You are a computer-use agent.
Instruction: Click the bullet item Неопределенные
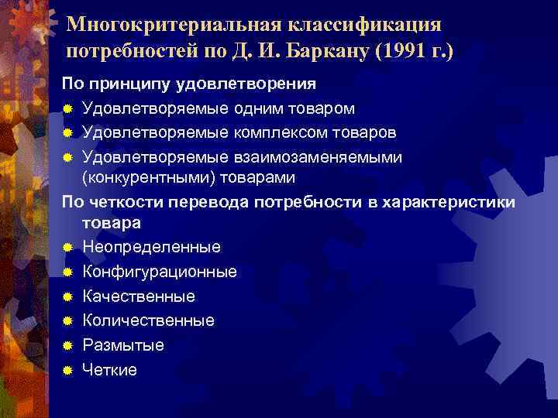(151, 247)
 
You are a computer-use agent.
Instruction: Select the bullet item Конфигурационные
(160, 272)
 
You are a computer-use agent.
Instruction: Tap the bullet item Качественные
(139, 296)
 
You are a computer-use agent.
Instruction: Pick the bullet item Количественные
(148, 320)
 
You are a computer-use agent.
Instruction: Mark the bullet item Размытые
(123, 345)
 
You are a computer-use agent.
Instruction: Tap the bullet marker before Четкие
(68, 370)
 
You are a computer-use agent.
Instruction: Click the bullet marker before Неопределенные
(68, 247)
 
